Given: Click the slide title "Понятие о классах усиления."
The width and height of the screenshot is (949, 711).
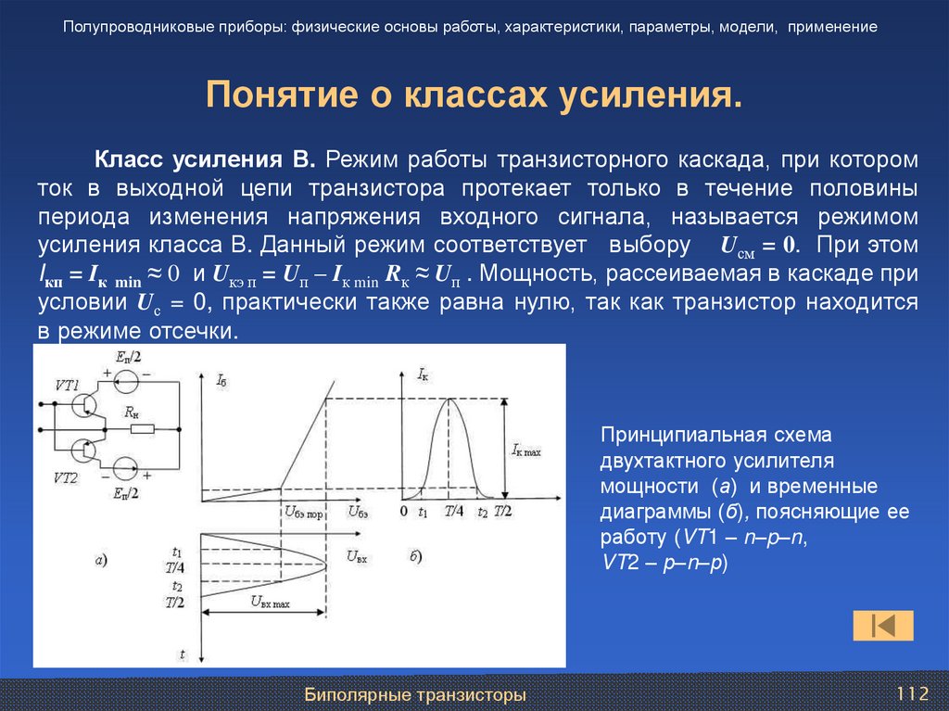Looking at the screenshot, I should coord(474,95).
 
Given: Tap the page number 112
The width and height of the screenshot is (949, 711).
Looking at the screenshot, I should coord(911,693).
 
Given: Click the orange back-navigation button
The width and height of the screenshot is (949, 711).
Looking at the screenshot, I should coord(882,626).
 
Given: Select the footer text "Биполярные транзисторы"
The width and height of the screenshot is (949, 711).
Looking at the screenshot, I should coord(416,694).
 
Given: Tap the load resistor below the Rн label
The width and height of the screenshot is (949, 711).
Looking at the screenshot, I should coord(141,429).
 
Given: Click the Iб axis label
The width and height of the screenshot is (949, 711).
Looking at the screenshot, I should coord(221,380).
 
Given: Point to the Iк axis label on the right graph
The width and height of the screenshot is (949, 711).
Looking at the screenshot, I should coord(423,374).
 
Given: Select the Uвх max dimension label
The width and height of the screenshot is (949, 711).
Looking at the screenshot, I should coord(266,601).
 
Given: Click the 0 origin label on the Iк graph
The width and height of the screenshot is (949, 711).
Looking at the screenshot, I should coord(403,512).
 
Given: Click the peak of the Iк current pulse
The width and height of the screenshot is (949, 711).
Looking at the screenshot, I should coord(450,399).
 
